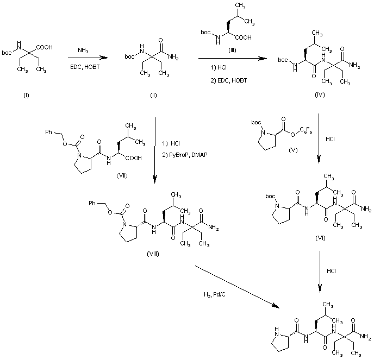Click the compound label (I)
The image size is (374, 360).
tap(26, 96)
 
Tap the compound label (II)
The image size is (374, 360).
tap(153, 96)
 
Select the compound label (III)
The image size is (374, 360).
tap(232, 50)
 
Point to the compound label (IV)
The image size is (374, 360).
tap(320, 94)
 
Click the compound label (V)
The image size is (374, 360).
tap(293, 150)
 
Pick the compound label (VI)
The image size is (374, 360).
tap(320, 238)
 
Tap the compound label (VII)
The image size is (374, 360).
tap(122, 175)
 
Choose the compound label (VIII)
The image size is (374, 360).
tap(153, 254)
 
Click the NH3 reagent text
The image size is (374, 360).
tap(83, 50)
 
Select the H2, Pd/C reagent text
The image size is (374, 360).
tap(215, 295)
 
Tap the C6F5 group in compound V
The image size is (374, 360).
tap(306, 130)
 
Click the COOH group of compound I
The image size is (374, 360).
tap(45, 47)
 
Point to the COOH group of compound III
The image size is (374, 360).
tap(244, 37)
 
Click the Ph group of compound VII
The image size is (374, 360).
tap(49, 132)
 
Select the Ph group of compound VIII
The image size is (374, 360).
tap(92, 203)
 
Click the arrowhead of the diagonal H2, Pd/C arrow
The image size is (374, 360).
tap(276, 306)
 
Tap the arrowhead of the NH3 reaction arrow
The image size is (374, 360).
tap(104, 58)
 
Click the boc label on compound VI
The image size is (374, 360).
tap(270, 197)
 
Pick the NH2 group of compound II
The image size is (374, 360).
tap(173, 57)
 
